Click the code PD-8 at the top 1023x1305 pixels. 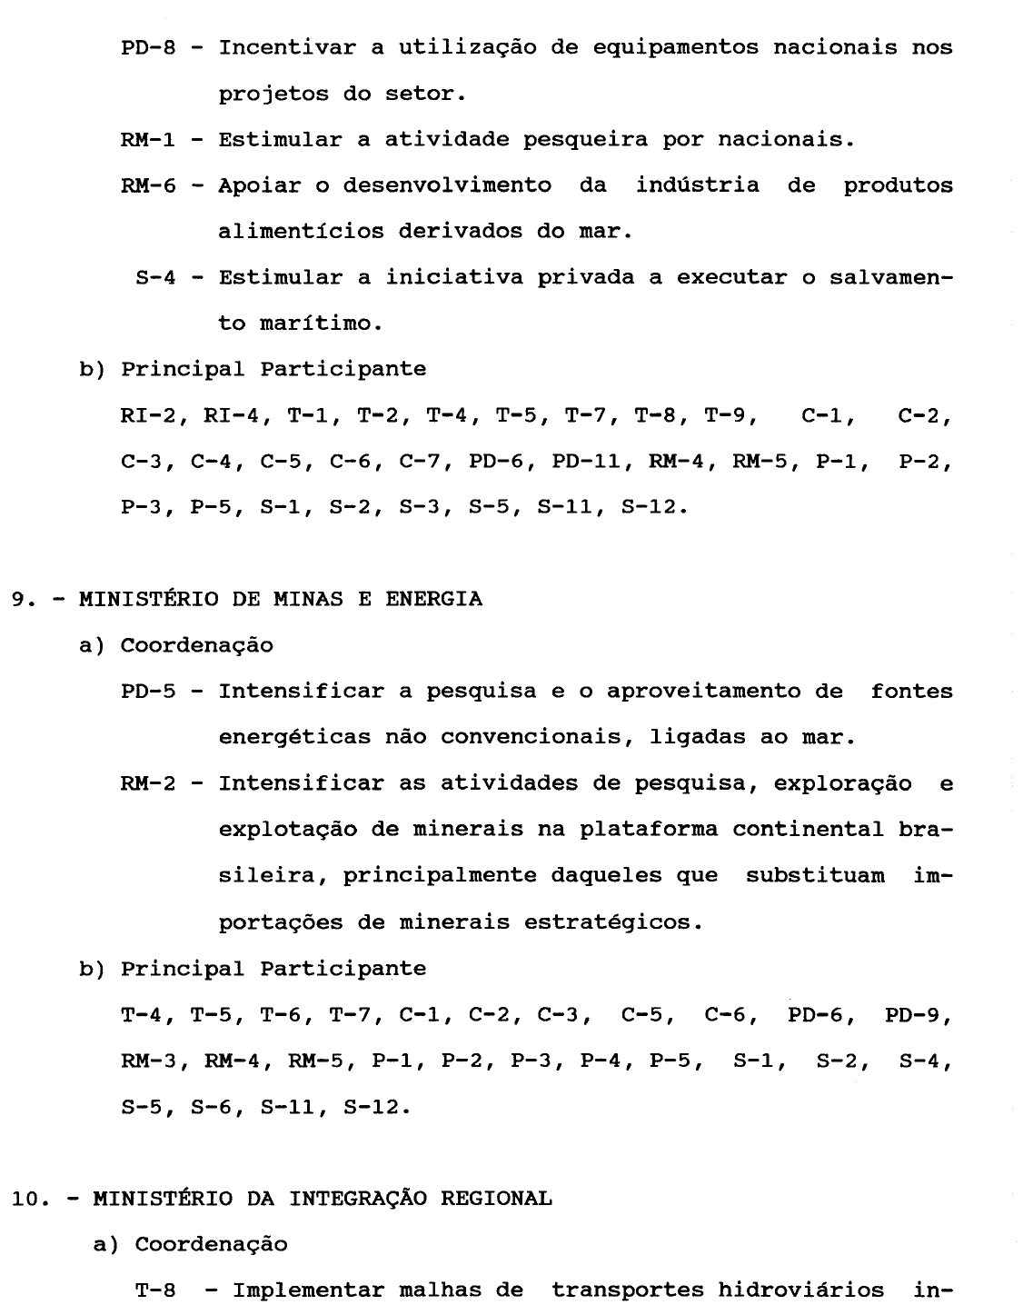tap(148, 47)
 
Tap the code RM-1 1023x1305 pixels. tap(148, 140)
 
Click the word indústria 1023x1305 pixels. tap(698, 185)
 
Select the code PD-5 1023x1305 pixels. tap(148, 692)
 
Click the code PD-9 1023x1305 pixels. tap(916, 1014)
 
